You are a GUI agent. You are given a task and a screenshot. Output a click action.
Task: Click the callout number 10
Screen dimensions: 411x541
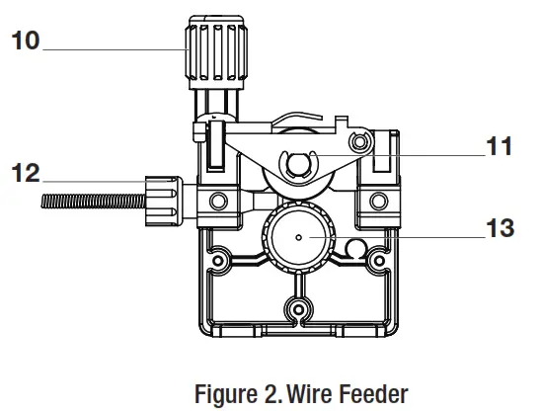tap(26, 43)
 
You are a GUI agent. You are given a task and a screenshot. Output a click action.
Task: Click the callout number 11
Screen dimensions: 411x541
tap(499, 147)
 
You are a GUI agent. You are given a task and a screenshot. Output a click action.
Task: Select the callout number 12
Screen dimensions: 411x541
tap(26, 174)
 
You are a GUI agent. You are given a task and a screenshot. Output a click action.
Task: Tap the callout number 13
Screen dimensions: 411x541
tap(500, 229)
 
